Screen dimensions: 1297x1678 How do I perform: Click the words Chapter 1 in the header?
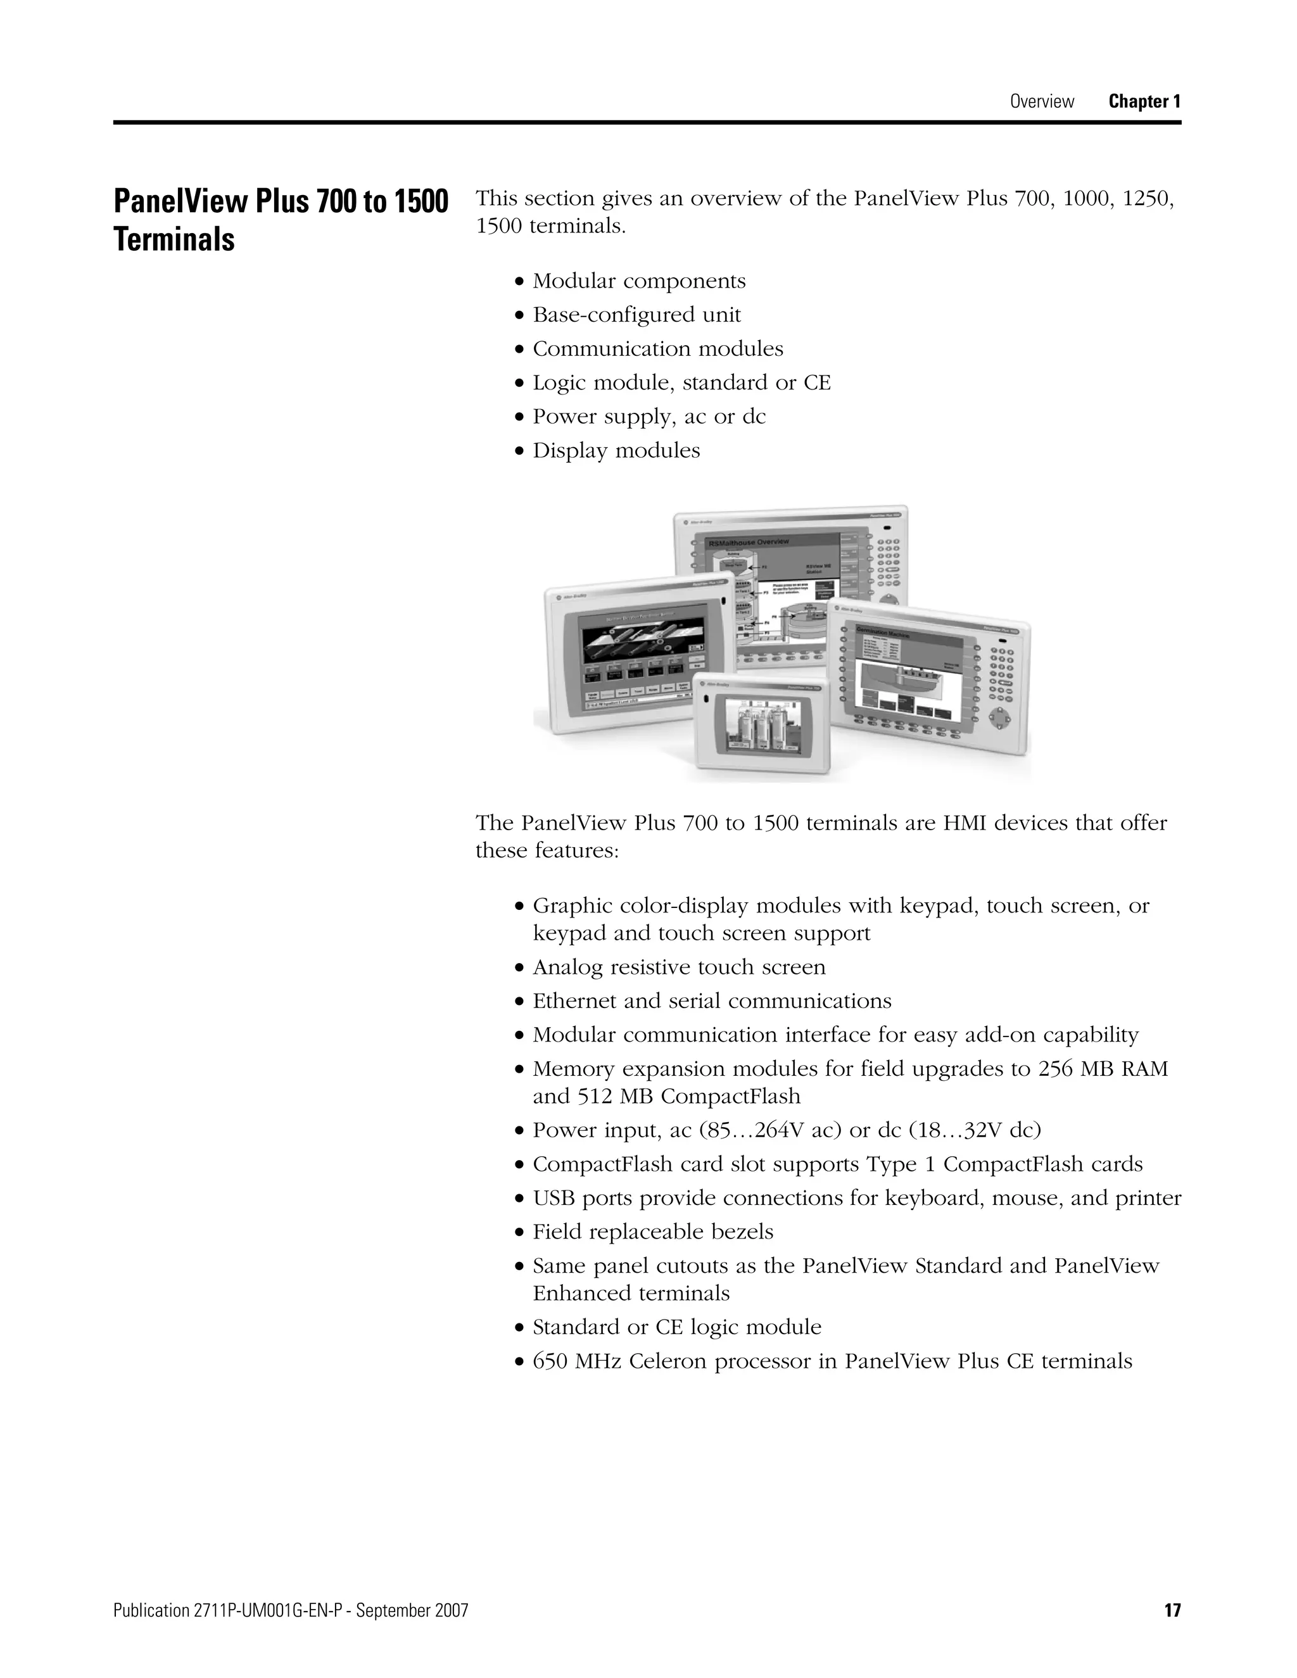[x=1144, y=101]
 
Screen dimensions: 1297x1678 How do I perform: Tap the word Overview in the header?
[x=1041, y=101]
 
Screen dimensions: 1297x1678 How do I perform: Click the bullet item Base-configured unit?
[x=636, y=315]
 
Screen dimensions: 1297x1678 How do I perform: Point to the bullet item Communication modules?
[x=658, y=349]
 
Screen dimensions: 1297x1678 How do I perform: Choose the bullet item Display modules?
[x=616, y=450]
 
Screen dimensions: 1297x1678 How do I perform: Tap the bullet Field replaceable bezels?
[x=653, y=1232]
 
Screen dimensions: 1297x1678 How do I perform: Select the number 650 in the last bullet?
[x=550, y=1361]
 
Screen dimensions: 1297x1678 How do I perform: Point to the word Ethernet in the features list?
[x=569, y=1000]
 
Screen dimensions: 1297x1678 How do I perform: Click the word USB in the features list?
[x=554, y=1198]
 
